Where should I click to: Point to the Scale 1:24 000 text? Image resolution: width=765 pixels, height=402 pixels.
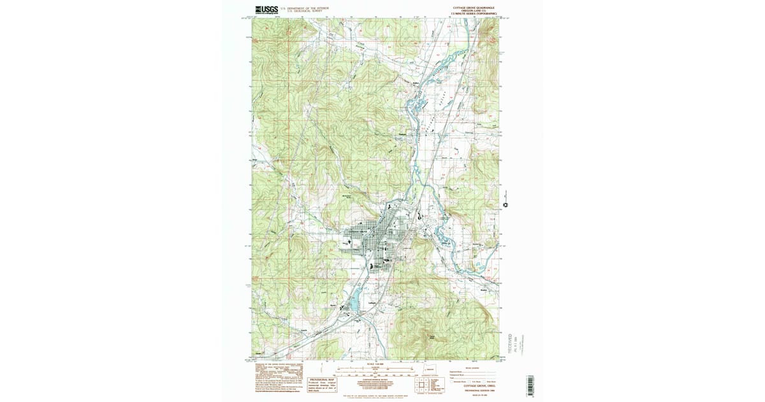coord(374,364)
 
